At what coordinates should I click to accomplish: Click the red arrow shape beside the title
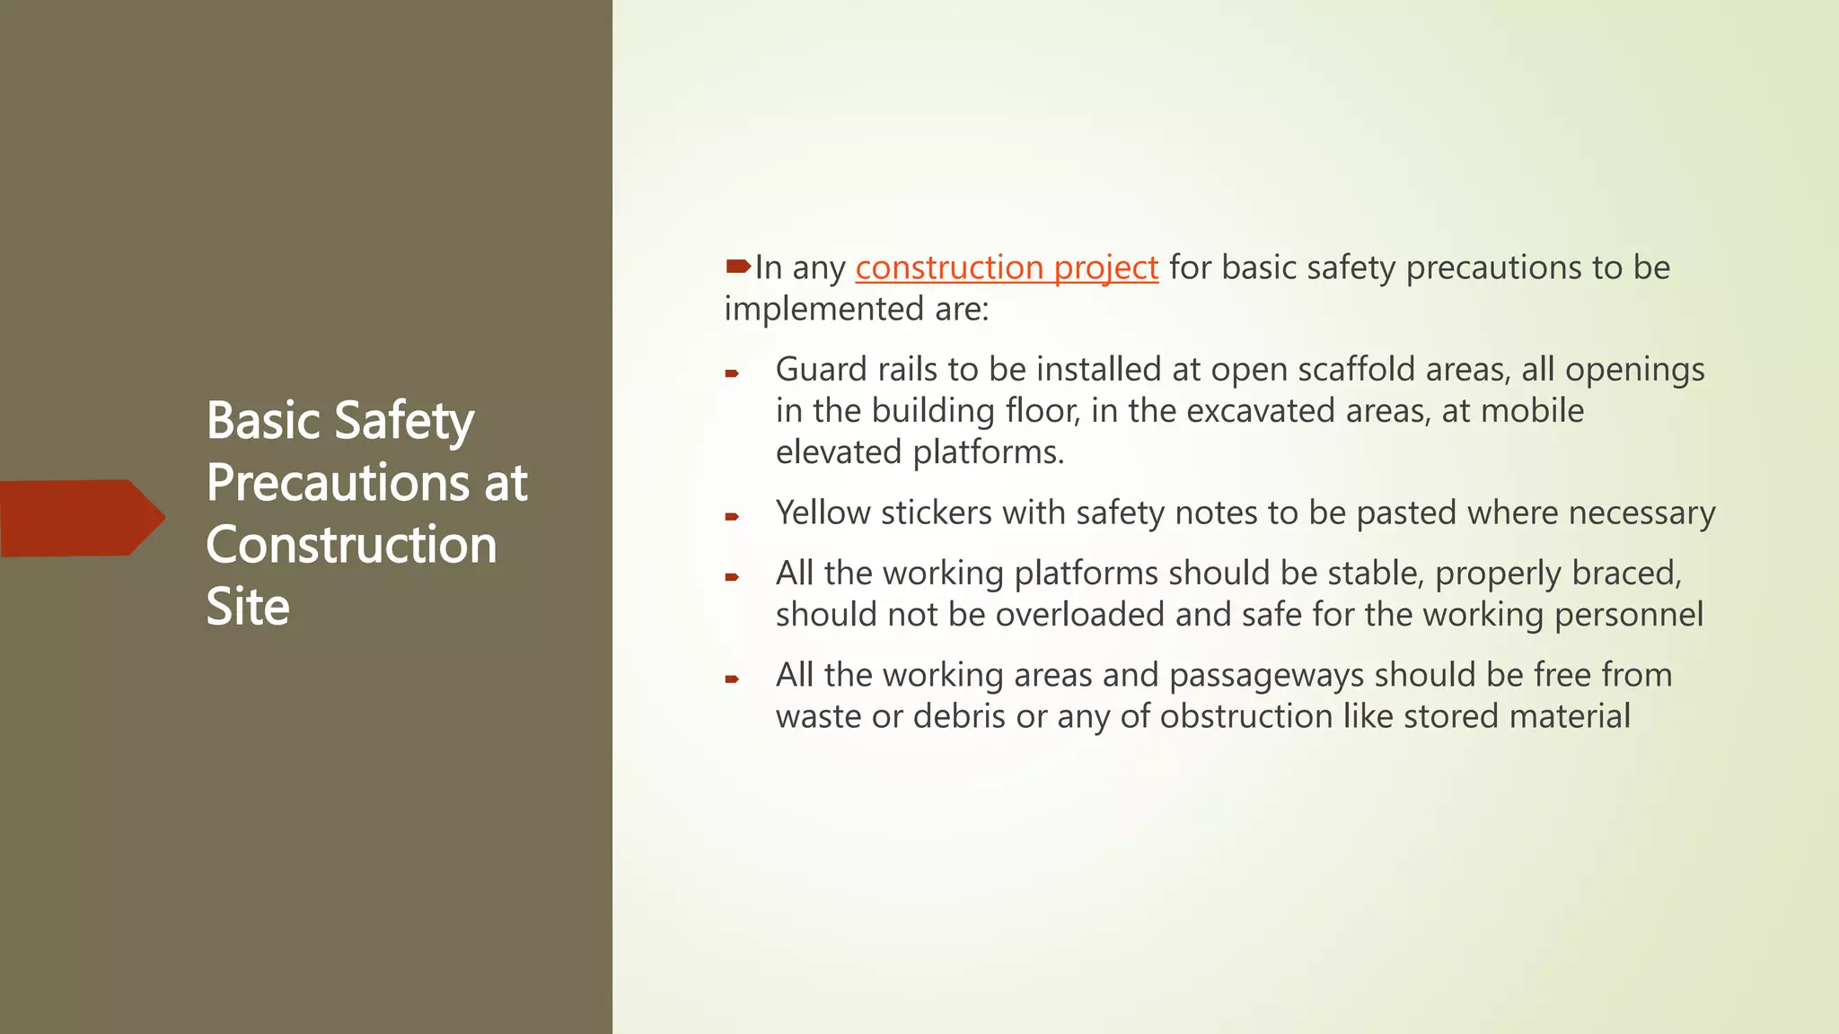click(x=81, y=518)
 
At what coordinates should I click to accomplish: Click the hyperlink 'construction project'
click(x=1007, y=267)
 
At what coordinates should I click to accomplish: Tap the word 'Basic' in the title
click(x=263, y=421)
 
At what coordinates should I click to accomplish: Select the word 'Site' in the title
click(x=248, y=607)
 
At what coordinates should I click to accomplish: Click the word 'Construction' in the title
click(x=351, y=545)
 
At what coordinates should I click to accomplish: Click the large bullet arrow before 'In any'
click(x=738, y=266)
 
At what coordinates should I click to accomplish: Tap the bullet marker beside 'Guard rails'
click(x=732, y=373)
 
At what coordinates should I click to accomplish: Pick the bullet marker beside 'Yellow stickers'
click(x=732, y=517)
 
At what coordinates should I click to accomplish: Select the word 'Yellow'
click(x=823, y=513)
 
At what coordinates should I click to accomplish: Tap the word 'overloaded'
click(x=1080, y=615)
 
